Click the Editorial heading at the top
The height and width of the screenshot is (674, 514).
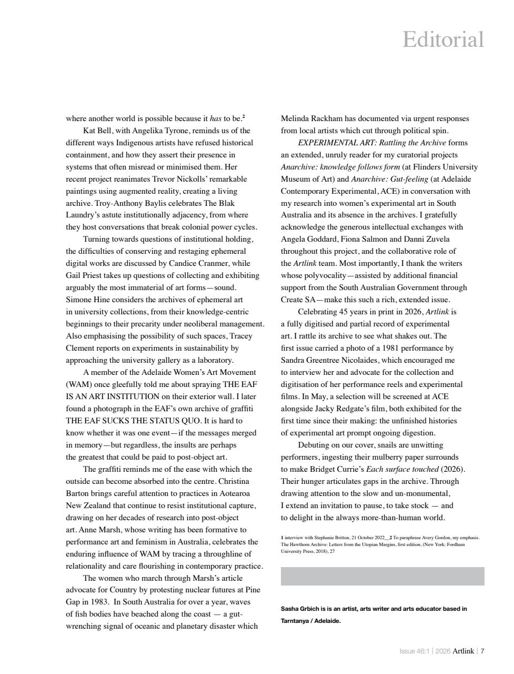443,40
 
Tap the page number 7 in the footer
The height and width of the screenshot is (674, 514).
482,651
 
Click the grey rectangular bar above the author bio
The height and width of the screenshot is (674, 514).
382,576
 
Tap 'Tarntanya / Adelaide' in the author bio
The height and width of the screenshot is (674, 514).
310,621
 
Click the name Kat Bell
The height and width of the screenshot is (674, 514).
98,131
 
